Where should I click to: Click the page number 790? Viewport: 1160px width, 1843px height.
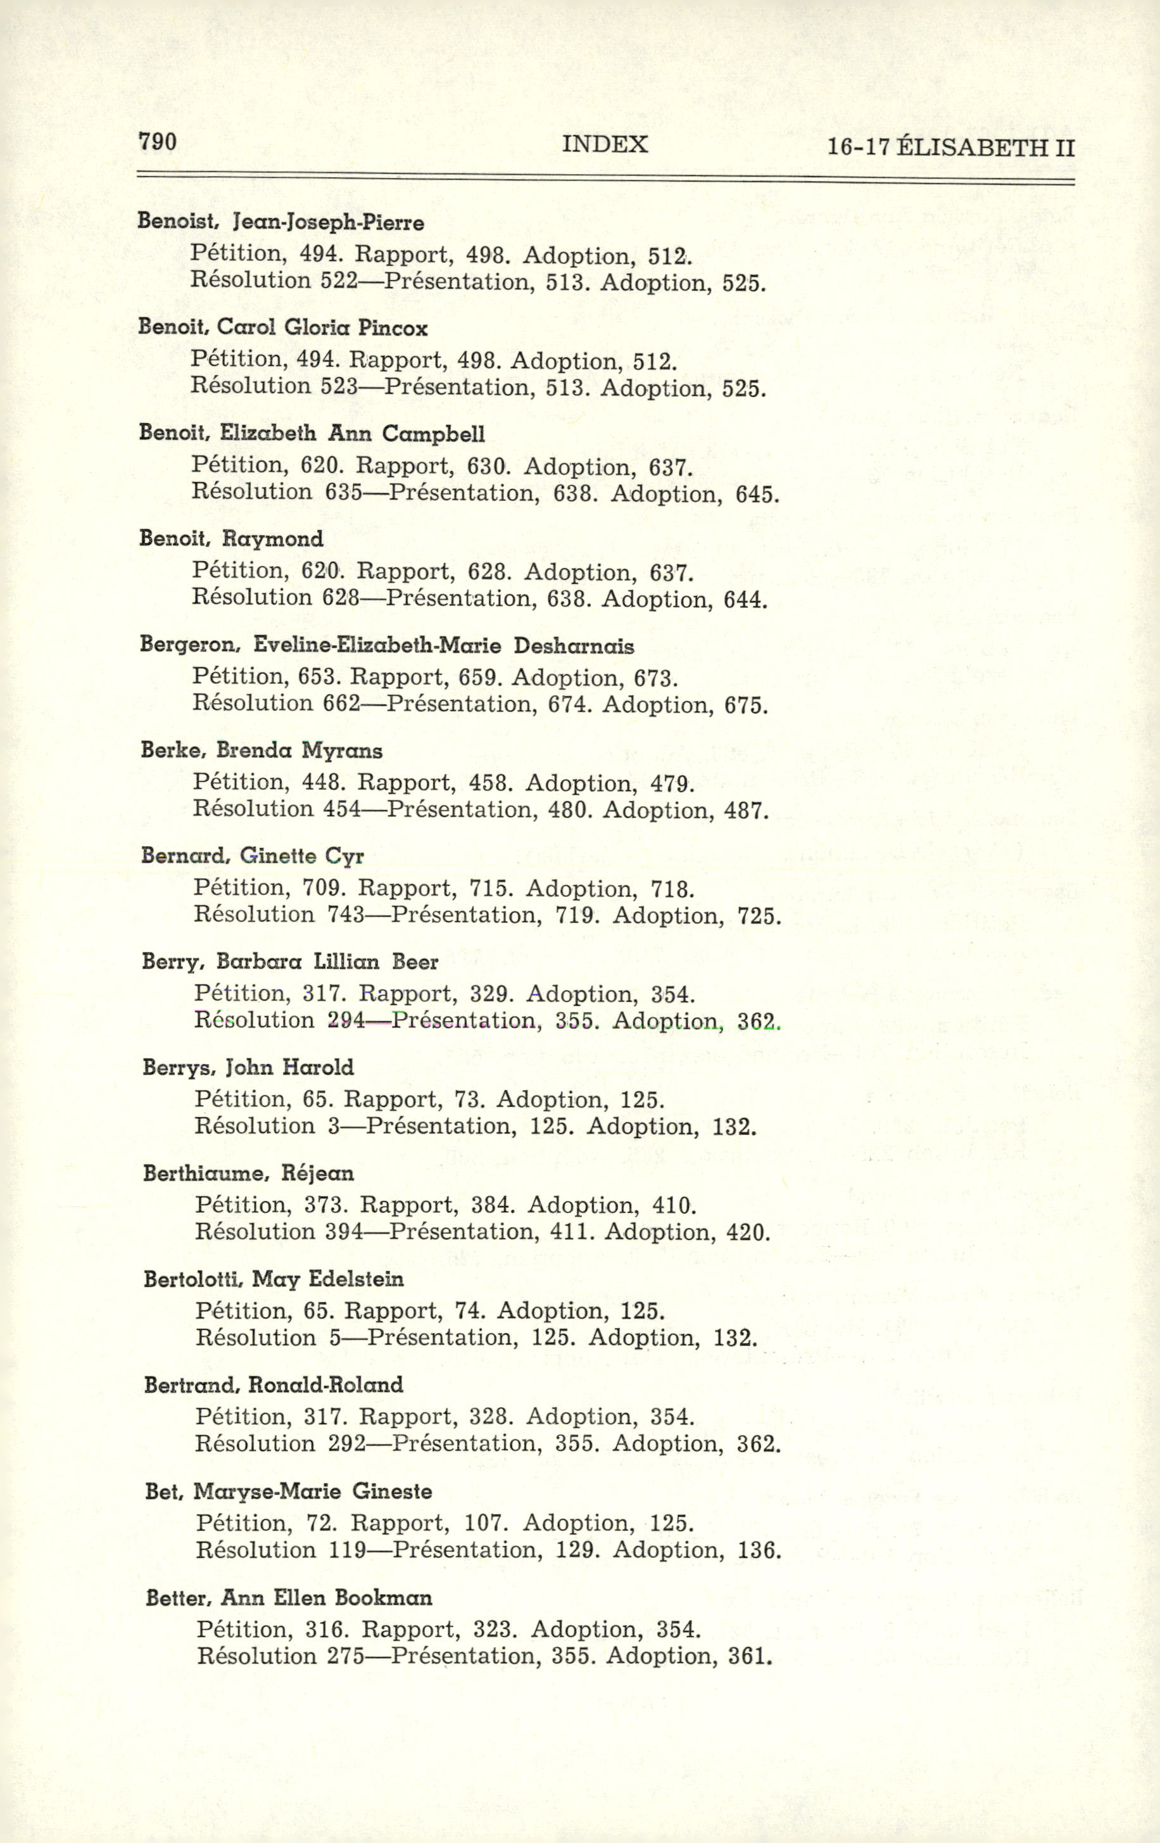(x=157, y=142)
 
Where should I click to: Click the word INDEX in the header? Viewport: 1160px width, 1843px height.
(x=605, y=144)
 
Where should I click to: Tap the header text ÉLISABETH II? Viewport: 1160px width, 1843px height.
(x=985, y=147)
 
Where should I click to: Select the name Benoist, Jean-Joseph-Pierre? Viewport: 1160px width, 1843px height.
(x=281, y=223)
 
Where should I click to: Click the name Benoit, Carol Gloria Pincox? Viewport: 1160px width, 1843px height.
(x=283, y=327)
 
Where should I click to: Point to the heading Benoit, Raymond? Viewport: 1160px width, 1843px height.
(x=231, y=539)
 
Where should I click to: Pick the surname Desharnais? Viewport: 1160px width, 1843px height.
(x=574, y=646)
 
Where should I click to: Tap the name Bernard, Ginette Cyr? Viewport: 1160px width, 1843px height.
(x=253, y=856)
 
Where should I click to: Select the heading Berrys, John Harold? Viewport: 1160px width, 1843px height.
(x=248, y=1067)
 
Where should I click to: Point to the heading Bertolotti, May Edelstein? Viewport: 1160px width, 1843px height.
(x=274, y=1278)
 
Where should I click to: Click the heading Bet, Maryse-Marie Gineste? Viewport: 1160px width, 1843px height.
(x=289, y=1490)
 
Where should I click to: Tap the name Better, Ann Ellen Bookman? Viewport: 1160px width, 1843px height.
(x=289, y=1597)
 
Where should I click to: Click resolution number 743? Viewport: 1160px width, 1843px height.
(x=346, y=915)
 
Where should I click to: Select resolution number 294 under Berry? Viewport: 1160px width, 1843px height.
(x=346, y=1020)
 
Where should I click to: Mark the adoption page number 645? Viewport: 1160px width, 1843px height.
(x=757, y=495)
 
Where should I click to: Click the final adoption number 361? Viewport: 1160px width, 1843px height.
(x=750, y=1657)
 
